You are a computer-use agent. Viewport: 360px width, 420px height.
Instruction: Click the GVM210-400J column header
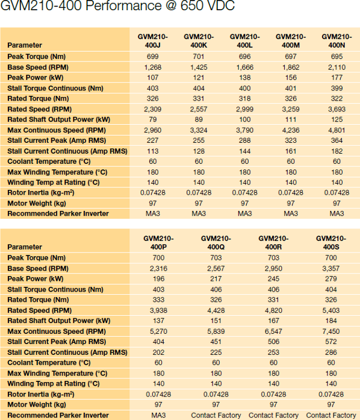[152, 41]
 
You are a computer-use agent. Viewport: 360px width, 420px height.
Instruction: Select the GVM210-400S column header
[331, 243]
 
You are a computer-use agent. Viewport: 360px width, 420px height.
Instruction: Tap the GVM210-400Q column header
[216, 243]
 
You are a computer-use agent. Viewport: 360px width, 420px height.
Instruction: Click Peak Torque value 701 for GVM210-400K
[199, 57]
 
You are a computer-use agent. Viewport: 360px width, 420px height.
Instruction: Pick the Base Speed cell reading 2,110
[337, 67]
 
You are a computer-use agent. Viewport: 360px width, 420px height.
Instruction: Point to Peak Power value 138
[244, 78]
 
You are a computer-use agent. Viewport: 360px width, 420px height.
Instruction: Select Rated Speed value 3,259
[291, 109]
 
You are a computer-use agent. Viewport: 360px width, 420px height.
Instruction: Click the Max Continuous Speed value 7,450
[331, 331]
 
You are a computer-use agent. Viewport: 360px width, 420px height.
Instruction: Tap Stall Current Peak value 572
[331, 342]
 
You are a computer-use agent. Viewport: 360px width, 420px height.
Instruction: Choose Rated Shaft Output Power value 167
[273, 321]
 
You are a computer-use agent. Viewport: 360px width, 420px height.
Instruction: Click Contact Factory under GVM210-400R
[273, 415]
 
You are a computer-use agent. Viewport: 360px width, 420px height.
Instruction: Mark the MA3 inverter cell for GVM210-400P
[158, 415]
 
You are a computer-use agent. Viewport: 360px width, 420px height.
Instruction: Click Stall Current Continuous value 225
[216, 353]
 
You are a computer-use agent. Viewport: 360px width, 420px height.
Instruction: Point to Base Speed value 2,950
[273, 268]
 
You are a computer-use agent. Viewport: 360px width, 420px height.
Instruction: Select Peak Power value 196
[158, 279]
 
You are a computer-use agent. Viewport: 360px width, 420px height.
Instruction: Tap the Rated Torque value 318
[244, 99]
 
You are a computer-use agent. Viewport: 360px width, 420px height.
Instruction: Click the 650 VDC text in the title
[208, 5]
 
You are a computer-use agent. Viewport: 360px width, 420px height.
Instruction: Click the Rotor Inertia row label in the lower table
[41, 394]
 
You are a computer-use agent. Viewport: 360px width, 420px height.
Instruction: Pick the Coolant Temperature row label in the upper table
[49, 161]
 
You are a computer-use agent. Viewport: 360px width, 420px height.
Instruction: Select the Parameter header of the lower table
[25, 246]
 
